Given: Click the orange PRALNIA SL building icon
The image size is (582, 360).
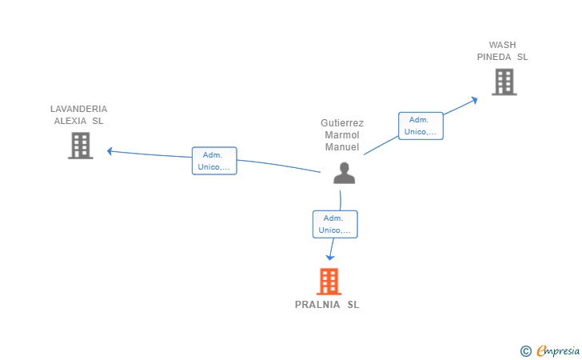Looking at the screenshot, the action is [x=329, y=282].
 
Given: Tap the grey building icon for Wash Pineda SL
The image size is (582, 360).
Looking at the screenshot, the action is [x=504, y=82].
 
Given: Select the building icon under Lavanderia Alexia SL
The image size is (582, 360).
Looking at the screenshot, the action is [x=80, y=146].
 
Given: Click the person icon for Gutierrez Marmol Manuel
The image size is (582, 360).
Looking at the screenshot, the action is [x=344, y=173].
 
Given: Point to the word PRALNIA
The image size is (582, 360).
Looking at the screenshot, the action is [x=317, y=305].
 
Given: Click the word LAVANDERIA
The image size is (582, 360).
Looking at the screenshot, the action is [x=78, y=109].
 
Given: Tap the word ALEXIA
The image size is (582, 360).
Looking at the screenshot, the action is [x=70, y=121].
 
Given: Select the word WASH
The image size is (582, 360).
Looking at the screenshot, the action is [x=502, y=45].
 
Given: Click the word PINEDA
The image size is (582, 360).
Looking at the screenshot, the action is [x=494, y=57].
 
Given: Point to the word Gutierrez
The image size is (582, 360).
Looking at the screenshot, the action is [x=342, y=123].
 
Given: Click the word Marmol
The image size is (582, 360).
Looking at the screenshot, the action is [x=342, y=135].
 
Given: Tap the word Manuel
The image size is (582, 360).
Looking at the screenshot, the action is [x=342, y=147].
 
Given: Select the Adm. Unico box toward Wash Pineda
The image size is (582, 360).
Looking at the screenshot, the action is [x=421, y=126].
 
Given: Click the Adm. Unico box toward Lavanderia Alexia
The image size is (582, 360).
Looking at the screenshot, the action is [x=214, y=161].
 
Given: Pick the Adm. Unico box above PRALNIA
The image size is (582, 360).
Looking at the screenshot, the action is [x=335, y=224].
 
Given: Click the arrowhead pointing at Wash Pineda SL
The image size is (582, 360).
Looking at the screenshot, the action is [x=474, y=100].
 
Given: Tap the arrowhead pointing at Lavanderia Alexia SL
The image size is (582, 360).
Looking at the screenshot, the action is [x=110, y=151].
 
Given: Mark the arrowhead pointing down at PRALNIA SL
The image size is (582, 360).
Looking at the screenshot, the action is [x=330, y=258].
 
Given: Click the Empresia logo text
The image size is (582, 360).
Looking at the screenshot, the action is [x=558, y=351].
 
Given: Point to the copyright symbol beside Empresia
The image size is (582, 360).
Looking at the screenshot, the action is [x=525, y=351].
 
